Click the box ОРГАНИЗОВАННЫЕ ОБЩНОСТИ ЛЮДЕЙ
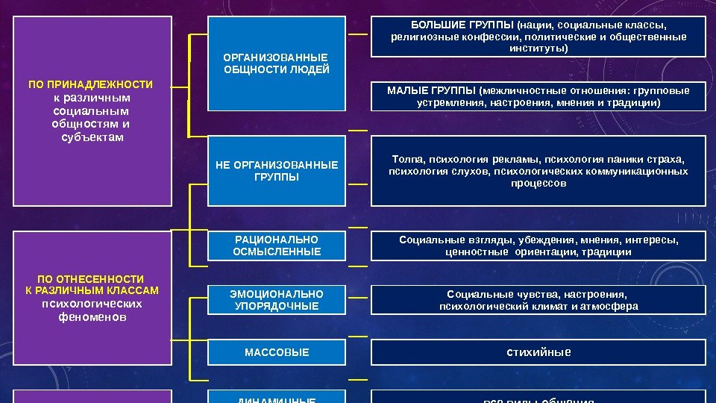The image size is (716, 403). pyautogui.click(x=277, y=63)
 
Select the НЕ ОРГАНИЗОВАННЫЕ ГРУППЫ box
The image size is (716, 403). pyautogui.click(x=277, y=171)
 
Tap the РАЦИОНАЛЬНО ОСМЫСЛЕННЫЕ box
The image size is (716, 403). pyautogui.click(x=277, y=246)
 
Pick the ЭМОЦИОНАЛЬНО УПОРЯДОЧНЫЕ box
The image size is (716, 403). pyautogui.click(x=277, y=300)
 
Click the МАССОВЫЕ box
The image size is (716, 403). pyautogui.click(x=277, y=352)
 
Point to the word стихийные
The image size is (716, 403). pyautogui.click(x=538, y=352)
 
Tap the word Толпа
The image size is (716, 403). pyautogui.click(x=407, y=158)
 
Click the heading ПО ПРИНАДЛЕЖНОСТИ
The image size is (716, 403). pyautogui.click(x=90, y=84)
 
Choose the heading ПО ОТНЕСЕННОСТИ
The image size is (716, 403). pyautogui.click(x=90, y=278)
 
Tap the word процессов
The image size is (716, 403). pyautogui.click(x=538, y=183)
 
